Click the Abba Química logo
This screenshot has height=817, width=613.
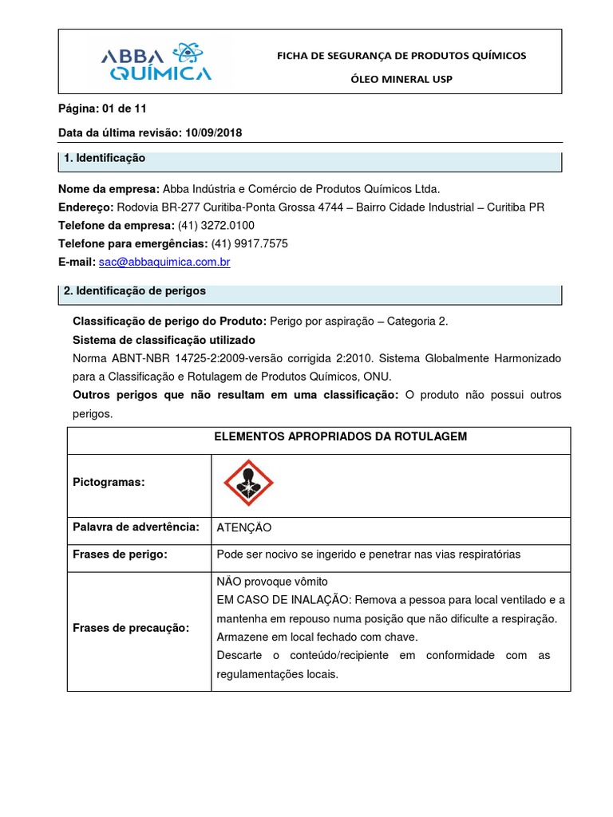(x=156, y=63)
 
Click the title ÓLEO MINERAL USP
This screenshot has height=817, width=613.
(x=401, y=79)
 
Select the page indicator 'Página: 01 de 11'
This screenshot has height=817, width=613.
(x=102, y=109)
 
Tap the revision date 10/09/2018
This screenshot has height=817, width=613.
(x=213, y=133)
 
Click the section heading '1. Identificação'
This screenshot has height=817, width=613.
(x=105, y=159)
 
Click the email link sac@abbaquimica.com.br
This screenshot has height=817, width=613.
(x=164, y=262)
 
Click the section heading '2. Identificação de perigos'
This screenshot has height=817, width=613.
(x=134, y=291)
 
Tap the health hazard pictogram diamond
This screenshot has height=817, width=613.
(x=248, y=483)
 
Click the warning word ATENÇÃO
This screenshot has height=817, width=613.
(x=244, y=527)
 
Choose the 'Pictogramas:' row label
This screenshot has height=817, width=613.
(x=109, y=483)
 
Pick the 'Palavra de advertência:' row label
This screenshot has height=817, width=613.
(x=136, y=527)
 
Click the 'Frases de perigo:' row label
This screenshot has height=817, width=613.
(x=120, y=555)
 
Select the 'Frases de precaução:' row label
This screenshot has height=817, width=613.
(x=131, y=628)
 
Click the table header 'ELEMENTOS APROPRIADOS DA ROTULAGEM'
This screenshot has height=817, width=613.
(x=340, y=436)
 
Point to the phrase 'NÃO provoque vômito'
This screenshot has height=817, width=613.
(x=272, y=582)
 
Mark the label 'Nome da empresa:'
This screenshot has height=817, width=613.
(x=109, y=188)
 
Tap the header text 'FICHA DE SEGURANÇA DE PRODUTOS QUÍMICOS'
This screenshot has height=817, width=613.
(x=401, y=55)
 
